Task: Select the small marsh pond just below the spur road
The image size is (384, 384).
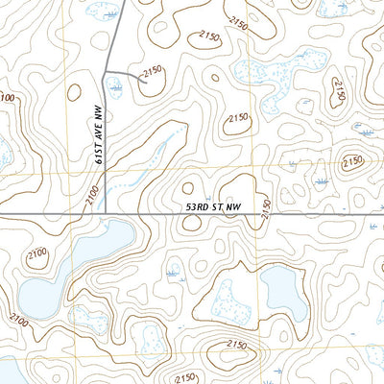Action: click(116, 87)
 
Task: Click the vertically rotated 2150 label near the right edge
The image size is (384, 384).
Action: click(338, 93)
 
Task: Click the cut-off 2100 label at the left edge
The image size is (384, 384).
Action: click(7, 98)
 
